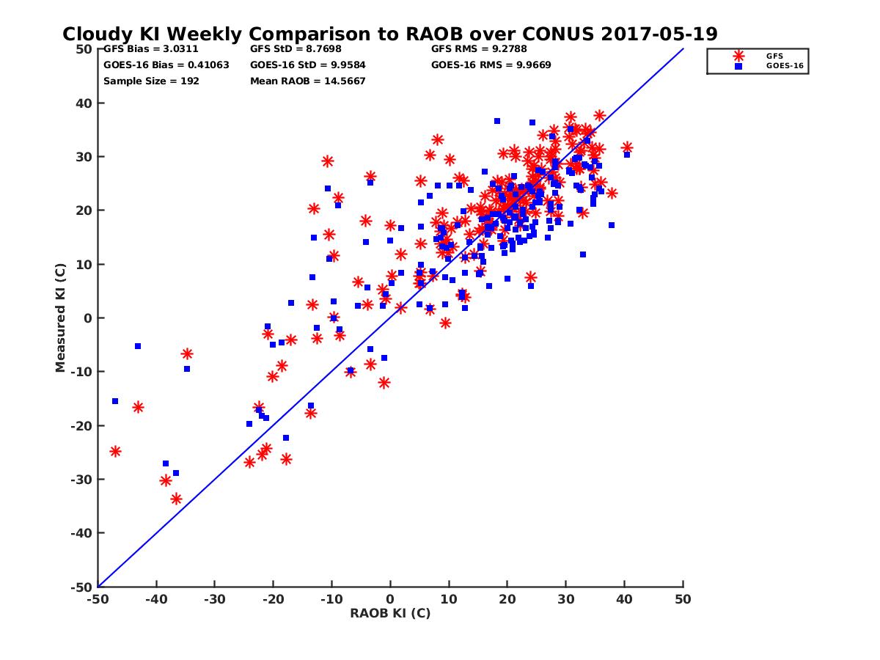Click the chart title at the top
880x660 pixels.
tap(389, 34)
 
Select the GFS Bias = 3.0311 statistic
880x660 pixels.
tap(151, 49)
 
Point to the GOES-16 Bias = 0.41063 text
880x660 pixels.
tap(166, 65)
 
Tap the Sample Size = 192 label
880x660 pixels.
tap(151, 81)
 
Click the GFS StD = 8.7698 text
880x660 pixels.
tap(296, 49)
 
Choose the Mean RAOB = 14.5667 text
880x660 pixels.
tap(308, 81)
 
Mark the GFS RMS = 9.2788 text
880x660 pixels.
tap(479, 49)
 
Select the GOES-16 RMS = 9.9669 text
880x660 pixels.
tap(491, 65)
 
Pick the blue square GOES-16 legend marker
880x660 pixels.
tap(738, 66)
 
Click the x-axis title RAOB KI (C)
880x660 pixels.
tap(390, 613)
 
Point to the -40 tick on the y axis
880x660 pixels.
tap(81, 533)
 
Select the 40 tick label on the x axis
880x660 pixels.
tap(624, 599)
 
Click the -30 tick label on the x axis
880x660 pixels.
tap(214, 599)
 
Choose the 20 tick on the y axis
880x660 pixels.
tap(85, 210)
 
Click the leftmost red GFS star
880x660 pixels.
tap(115, 451)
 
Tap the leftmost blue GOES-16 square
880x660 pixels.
tap(115, 401)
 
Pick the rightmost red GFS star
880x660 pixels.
tap(627, 147)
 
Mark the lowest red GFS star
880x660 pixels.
tap(176, 499)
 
